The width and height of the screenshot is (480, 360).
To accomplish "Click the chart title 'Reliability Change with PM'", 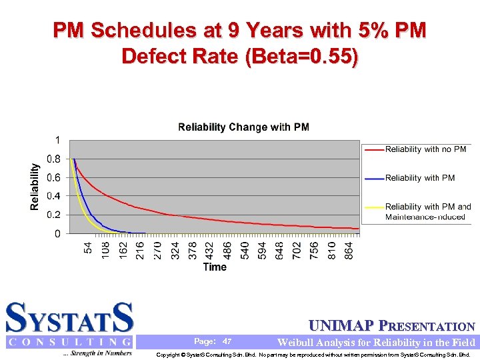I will click(x=243, y=127).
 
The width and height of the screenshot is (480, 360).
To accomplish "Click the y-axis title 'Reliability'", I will click(x=35, y=187).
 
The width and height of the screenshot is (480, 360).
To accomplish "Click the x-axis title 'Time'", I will click(x=215, y=267).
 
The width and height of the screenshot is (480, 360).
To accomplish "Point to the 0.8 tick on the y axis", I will click(x=54, y=159).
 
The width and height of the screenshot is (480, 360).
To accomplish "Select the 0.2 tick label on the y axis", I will click(x=54, y=215).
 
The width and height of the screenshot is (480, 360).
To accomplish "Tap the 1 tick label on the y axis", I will click(x=58, y=141).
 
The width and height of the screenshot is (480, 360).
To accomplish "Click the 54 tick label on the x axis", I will click(x=88, y=247).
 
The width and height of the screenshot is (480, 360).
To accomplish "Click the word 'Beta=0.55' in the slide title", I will click(x=302, y=56).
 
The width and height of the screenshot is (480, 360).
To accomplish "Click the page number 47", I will click(x=227, y=341).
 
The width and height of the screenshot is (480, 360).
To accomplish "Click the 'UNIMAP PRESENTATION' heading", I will click(x=392, y=326).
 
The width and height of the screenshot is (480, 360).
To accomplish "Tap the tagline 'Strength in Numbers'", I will click(x=97, y=353).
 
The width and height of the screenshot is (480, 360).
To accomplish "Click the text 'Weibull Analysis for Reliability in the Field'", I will click(x=376, y=342).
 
